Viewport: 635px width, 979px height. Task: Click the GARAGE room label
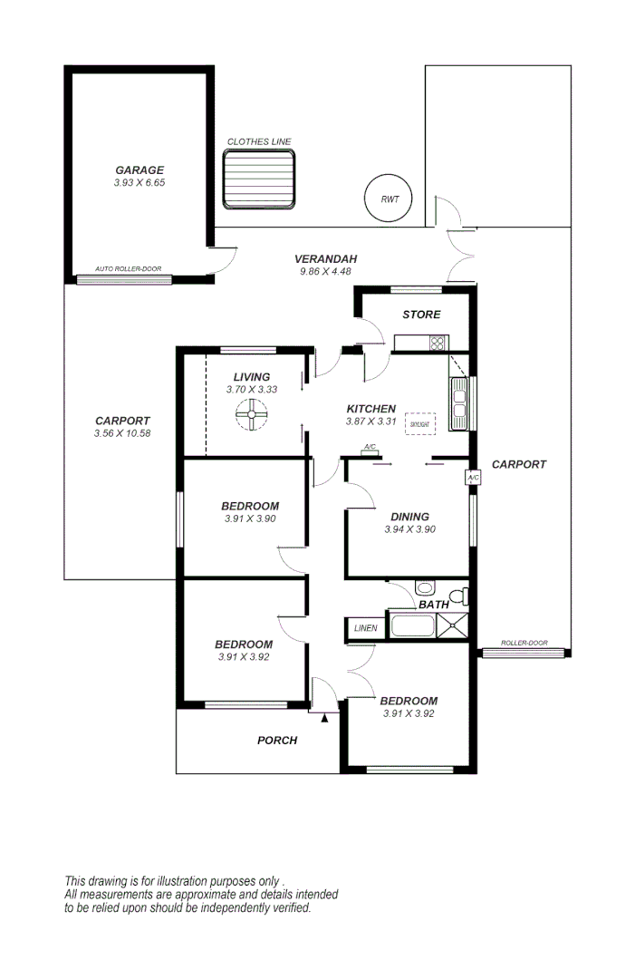(x=139, y=170)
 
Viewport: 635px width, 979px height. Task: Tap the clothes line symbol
(x=260, y=180)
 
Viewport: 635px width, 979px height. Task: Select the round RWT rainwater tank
(x=389, y=199)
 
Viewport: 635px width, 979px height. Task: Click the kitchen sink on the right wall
(x=460, y=404)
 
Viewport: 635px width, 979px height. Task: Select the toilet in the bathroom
(x=460, y=596)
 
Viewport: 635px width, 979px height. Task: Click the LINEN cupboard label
(x=365, y=627)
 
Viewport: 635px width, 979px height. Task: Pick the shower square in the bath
(x=452, y=625)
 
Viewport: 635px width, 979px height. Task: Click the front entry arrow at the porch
(x=324, y=717)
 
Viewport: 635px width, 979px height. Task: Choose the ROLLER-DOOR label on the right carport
(x=525, y=643)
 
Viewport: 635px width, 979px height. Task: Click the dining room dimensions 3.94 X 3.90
(x=409, y=529)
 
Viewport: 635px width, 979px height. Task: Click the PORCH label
(x=277, y=740)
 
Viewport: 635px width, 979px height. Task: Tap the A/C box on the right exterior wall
(x=473, y=477)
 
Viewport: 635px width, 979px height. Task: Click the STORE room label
(x=421, y=315)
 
